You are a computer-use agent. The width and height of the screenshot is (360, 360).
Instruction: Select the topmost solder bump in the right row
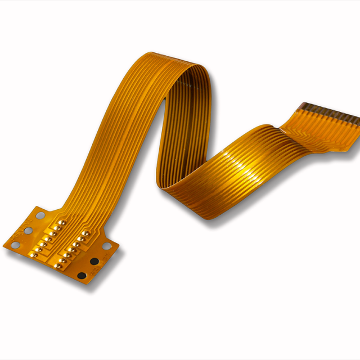coord(86,233)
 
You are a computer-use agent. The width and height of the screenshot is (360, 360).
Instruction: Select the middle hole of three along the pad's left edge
coord(24,231)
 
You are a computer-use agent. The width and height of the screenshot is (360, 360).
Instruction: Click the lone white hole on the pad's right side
coord(107,246)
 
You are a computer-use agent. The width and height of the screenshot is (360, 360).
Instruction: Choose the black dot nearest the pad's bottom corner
coord(82,276)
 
